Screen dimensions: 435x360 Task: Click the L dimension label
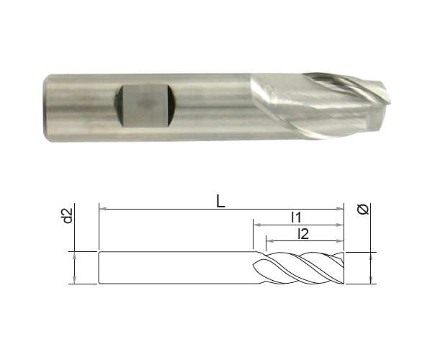pos(220,202)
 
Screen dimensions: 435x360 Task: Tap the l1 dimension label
pos(296,217)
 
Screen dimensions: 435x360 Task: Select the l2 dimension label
pos(303,234)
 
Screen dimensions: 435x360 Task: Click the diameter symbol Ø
pos(363,209)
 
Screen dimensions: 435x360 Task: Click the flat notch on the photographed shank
pos(145,106)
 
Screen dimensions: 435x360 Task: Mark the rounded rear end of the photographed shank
pos(46,108)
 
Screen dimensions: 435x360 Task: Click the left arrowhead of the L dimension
pos(103,209)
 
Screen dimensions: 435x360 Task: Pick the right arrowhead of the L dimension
pos(340,209)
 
